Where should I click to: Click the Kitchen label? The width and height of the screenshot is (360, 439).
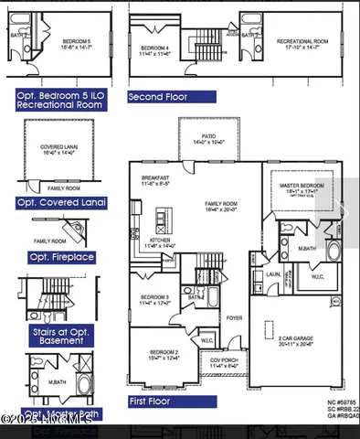pyautogui.click(x=161, y=242)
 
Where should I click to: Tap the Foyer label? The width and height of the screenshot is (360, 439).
pyautogui.click(x=234, y=318)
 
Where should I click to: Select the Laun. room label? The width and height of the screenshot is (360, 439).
pyautogui.click(x=273, y=273)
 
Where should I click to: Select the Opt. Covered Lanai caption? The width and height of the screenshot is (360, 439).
pyautogui.click(x=60, y=202)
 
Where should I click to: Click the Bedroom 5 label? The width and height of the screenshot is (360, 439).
pyautogui.click(x=77, y=44)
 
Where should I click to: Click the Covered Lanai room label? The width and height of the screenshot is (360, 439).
pyautogui.click(x=58, y=148)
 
